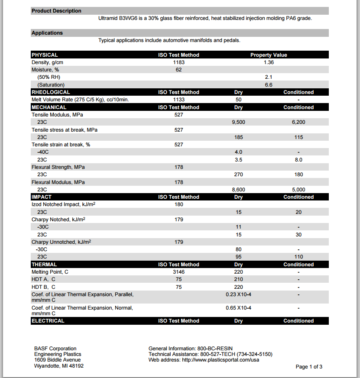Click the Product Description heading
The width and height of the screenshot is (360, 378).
coord(56,11)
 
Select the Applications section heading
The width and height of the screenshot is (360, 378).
coord(47,33)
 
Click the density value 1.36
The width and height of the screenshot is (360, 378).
coord(269,62)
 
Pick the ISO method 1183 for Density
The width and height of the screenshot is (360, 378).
coord(178,62)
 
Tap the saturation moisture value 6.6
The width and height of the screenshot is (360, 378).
coord(269,85)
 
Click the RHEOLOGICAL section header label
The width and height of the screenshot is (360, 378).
coord(51,92)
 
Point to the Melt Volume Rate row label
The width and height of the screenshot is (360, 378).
coord(80,100)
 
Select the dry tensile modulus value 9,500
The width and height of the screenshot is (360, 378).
coord(238,122)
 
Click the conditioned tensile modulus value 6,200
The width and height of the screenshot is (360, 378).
coord(298,122)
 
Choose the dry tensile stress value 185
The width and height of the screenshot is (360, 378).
coord(238,137)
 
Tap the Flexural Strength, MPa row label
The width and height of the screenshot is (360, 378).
coord(58,167)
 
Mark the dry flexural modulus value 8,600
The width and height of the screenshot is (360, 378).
coord(238,190)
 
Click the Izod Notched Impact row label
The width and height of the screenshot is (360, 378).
coord(63,204)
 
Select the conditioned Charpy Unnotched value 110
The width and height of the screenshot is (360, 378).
coord(298,257)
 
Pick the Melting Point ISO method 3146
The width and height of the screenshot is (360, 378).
coord(178,272)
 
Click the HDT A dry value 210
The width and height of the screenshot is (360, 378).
coord(238,279)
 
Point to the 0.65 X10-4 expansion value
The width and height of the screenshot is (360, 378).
coord(238,308)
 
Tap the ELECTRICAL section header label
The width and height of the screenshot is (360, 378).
coord(48,321)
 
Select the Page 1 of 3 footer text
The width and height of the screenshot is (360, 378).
coord(309,367)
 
